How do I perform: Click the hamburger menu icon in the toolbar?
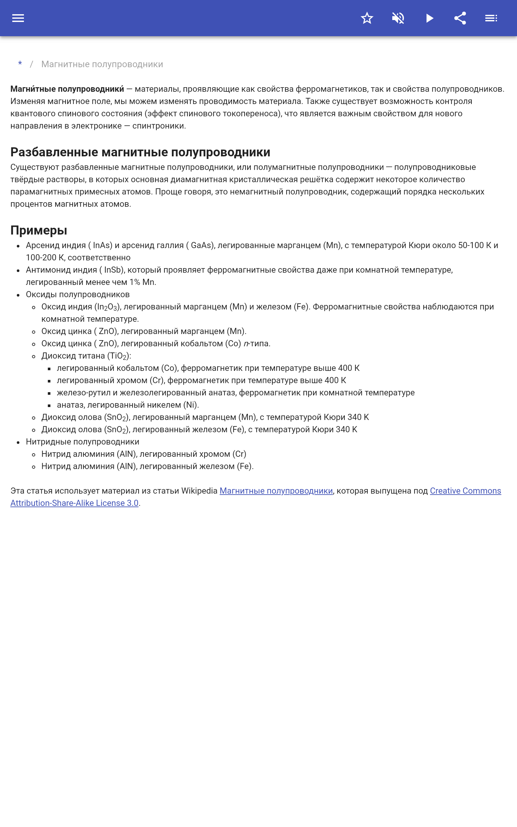click(18, 18)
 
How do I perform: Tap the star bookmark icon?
click(367, 18)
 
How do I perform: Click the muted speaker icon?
click(398, 18)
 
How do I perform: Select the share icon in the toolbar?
click(460, 18)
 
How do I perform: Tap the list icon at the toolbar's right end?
click(491, 18)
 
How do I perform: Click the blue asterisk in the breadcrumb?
click(20, 64)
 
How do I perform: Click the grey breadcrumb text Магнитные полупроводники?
click(102, 64)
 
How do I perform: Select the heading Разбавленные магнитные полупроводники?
click(140, 152)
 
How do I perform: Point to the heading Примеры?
click(39, 230)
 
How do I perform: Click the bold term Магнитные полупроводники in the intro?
click(67, 89)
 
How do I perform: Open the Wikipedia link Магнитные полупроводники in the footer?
click(276, 491)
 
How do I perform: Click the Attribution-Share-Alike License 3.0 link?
click(74, 503)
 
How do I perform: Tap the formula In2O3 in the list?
click(107, 307)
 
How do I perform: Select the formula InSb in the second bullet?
click(113, 270)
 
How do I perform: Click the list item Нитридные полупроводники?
click(82, 442)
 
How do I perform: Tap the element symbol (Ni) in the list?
click(190, 405)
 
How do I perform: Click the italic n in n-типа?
click(246, 344)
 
